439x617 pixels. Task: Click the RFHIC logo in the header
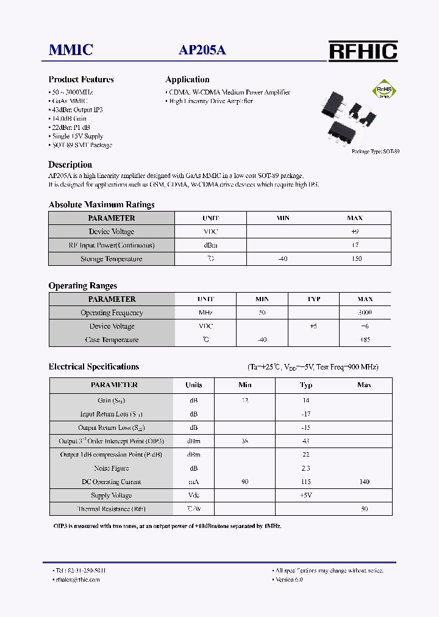point(363,51)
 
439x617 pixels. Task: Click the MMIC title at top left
point(71,51)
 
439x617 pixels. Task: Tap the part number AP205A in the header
point(202,51)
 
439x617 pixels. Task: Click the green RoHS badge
point(385,91)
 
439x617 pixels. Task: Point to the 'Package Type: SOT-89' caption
point(376,151)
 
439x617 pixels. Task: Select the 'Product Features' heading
point(81,79)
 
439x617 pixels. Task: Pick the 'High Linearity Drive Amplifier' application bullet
point(210,101)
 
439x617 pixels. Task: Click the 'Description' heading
point(70,165)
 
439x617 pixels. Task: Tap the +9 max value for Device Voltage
point(354,232)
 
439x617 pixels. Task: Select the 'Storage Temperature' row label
point(112,259)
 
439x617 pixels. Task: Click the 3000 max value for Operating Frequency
point(365,313)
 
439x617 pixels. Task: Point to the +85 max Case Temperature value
point(365,340)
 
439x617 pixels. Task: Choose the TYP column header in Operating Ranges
point(313,299)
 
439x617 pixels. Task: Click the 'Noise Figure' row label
point(112,468)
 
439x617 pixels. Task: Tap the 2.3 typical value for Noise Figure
point(305,468)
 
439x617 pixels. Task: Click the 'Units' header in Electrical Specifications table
point(194,385)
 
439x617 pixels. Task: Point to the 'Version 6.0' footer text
point(289,580)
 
